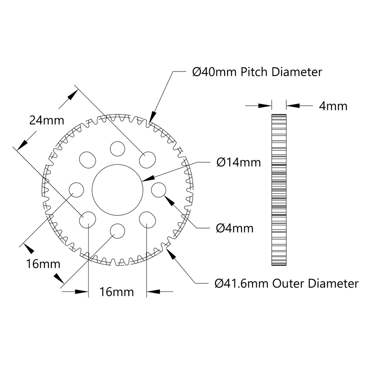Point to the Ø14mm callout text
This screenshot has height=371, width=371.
click(x=238, y=162)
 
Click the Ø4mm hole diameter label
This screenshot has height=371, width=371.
click(x=234, y=228)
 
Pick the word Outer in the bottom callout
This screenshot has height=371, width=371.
click(x=289, y=283)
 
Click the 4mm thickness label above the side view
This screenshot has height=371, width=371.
click(x=333, y=106)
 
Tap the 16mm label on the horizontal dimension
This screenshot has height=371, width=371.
click(x=117, y=292)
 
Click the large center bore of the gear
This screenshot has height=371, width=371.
click(x=118, y=189)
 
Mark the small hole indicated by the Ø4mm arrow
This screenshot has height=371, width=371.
click(x=158, y=189)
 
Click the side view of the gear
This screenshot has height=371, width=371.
click(x=279, y=190)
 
